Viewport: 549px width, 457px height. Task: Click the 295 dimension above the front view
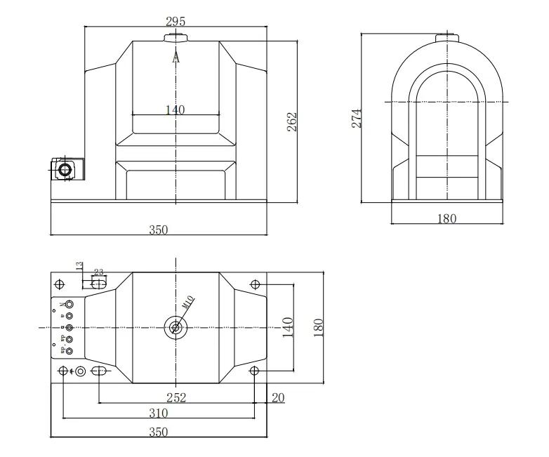(176, 20)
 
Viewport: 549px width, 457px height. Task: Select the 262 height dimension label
(293, 121)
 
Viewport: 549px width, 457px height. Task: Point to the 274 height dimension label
(357, 118)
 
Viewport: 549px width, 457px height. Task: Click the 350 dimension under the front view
(159, 230)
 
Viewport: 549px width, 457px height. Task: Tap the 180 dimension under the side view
(447, 219)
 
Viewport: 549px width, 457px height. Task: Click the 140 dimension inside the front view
(176, 110)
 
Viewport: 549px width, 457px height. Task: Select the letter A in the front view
(176, 59)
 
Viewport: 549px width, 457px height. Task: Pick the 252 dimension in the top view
(176, 398)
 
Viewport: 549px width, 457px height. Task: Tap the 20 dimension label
(278, 398)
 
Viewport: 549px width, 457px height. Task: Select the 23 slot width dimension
(98, 272)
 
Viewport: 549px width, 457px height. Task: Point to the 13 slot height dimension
(79, 266)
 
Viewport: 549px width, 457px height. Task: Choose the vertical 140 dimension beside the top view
(287, 326)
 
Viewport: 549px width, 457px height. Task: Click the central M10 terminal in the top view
(175, 326)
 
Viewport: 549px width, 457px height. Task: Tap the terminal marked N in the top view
(68, 305)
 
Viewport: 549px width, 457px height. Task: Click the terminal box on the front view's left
(65, 169)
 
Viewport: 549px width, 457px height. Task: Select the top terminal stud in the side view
(446, 37)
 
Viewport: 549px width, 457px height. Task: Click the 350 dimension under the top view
(159, 432)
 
